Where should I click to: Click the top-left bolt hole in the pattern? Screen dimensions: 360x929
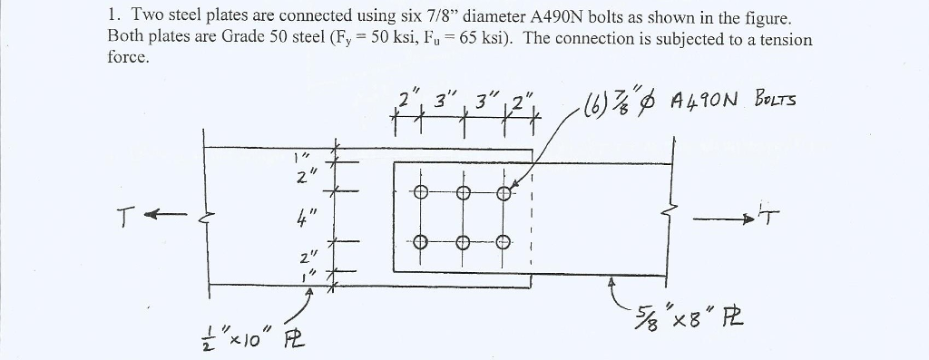419,192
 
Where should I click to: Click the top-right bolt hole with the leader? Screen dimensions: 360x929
504,192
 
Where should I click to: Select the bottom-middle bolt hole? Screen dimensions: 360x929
462,241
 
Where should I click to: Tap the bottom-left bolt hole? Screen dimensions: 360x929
419,241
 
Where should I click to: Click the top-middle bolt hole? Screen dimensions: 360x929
462,192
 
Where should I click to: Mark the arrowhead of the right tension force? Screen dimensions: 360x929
750,219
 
